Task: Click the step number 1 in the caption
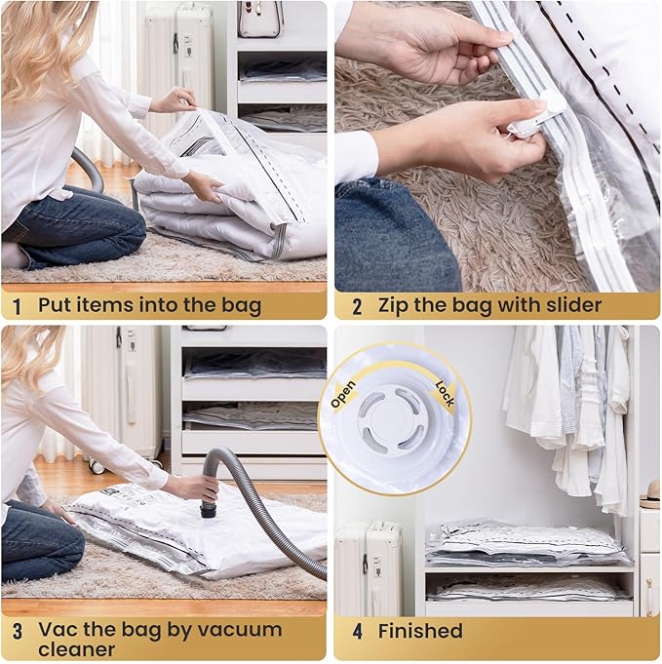(17, 306)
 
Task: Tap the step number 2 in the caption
(357, 306)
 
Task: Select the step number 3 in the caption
(17, 631)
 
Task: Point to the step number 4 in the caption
(357, 631)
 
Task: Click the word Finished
(420, 631)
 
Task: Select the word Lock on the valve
(445, 392)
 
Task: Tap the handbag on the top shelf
(260, 20)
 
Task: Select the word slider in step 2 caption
(570, 306)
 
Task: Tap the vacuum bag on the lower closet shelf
(526, 588)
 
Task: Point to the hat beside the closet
(649, 500)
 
